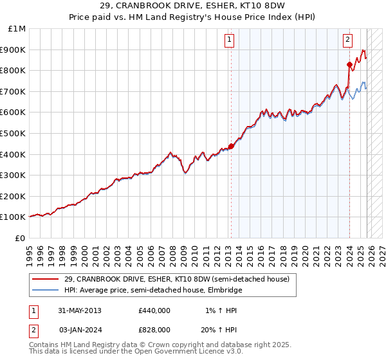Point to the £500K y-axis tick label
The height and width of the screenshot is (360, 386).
13,133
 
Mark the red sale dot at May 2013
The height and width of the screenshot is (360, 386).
231,146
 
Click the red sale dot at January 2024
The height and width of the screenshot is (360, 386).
349,64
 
